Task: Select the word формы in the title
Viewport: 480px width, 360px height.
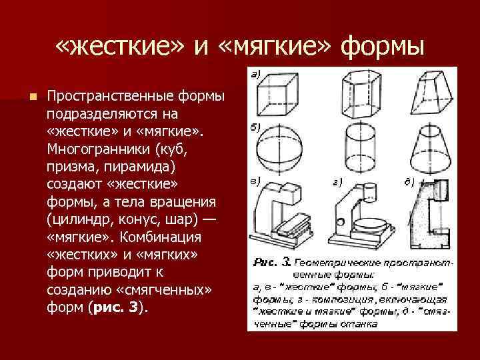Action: [383, 47]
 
